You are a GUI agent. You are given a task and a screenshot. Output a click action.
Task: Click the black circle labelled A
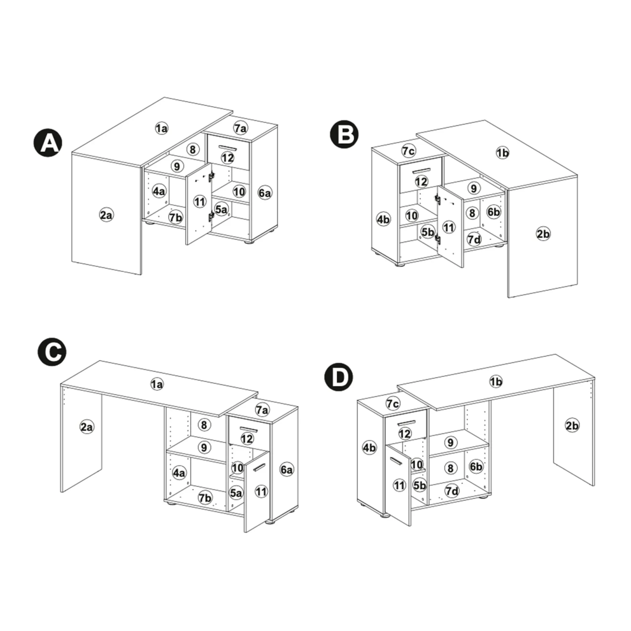click(48, 143)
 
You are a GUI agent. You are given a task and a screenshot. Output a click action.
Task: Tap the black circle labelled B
click(344, 134)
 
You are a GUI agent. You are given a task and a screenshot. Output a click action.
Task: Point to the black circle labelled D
click(338, 377)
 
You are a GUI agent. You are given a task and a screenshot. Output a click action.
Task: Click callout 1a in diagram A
click(161, 128)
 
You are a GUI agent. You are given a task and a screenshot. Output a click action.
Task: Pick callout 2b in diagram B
click(543, 234)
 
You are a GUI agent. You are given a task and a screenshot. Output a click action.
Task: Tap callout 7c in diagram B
click(408, 151)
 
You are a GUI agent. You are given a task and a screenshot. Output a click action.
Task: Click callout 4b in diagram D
click(369, 447)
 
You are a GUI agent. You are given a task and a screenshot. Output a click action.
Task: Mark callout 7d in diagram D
click(452, 491)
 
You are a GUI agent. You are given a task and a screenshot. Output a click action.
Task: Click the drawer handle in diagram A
click(228, 148)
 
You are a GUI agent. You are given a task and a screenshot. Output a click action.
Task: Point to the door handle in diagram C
click(259, 467)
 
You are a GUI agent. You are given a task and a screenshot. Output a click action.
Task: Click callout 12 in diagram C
click(247, 438)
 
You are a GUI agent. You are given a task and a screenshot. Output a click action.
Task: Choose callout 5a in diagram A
click(221, 209)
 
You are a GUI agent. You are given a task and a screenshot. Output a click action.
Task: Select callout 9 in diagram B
click(474, 188)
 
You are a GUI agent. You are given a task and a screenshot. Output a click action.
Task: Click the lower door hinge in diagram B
click(437, 238)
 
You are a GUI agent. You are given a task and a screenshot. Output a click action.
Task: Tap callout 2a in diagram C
click(87, 427)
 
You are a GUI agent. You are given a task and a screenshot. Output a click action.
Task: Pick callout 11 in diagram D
click(399, 485)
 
